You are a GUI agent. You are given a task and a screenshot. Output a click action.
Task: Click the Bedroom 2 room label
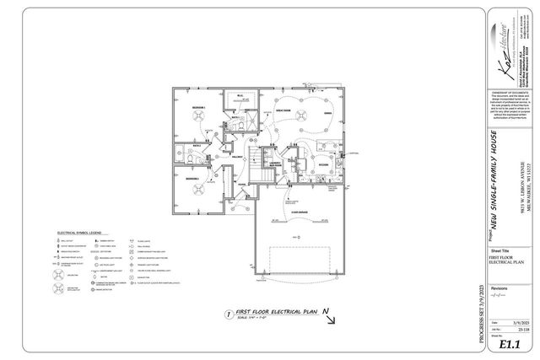[192, 179]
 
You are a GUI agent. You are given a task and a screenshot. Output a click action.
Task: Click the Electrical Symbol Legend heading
[79, 231]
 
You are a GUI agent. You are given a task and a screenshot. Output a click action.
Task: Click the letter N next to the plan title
[325, 310]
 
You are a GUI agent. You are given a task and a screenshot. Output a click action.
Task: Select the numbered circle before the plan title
[227, 314]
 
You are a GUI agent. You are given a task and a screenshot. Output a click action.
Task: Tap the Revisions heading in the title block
[499, 287]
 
